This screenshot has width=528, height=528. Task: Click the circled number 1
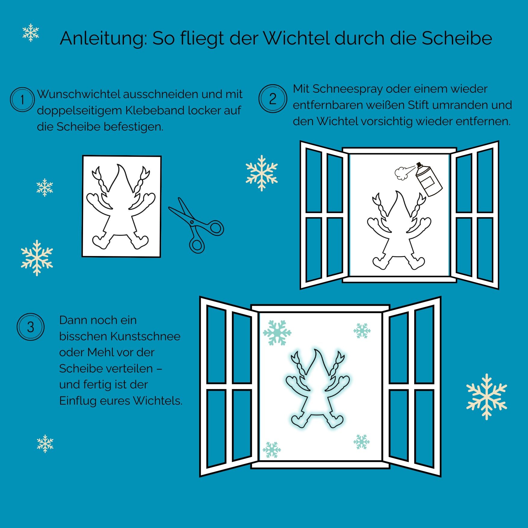coord(22,100)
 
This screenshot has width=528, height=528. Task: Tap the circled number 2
coord(273,99)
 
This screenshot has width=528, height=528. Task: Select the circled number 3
coord(30,327)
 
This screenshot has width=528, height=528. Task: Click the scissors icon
coord(196,225)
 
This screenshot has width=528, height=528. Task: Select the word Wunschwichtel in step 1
coord(79,94)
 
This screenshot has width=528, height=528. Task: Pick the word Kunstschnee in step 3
coord(146,336)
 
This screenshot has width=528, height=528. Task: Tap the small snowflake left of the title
coord(31,32)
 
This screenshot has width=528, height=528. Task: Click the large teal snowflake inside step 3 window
coord(277,332)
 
